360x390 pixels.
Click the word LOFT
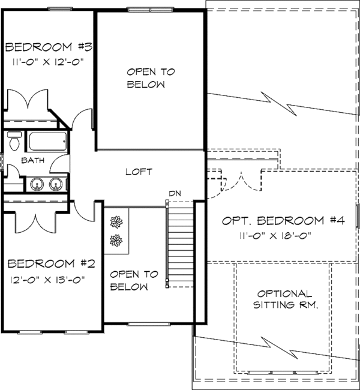pos(139,172)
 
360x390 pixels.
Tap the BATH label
pos(32,161)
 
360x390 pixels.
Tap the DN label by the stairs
pos(175,193)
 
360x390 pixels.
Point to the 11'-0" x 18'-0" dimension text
pos(280,235)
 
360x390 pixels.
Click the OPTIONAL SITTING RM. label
pos(284,299)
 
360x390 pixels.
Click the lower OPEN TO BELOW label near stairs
pos(134,280)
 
